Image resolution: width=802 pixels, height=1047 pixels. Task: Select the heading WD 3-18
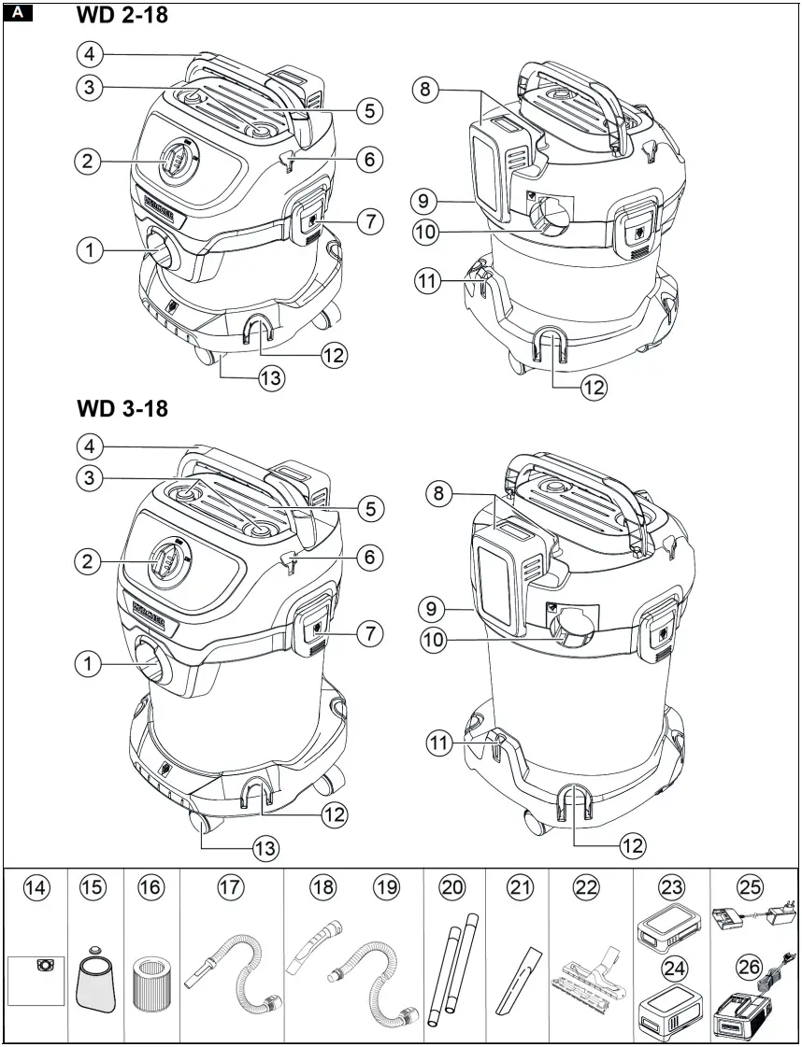coord(123,408)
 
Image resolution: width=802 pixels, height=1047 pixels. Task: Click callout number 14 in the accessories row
coord(36,888)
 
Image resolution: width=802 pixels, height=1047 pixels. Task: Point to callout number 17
coord(230,888)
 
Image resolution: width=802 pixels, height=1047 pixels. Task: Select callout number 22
coord(585,888)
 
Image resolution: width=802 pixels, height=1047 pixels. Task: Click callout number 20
coord(452,888)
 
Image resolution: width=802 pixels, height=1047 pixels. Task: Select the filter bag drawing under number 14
coord(38,979)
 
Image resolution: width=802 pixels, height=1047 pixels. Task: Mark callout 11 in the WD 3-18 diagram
coord(440,743)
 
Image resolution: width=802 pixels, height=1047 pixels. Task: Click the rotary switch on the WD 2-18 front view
coord(176,162)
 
